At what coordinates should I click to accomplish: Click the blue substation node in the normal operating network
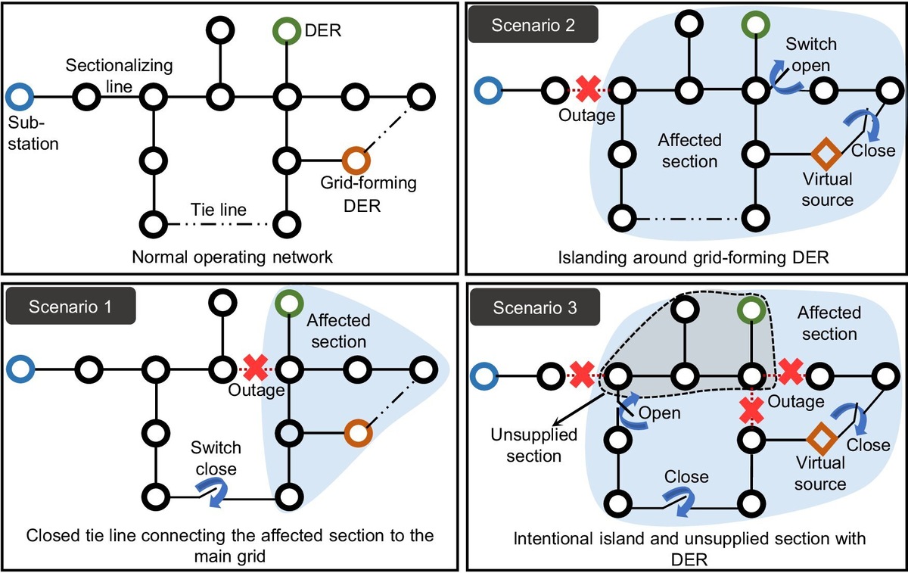pyautogui.click(x=20, y=97)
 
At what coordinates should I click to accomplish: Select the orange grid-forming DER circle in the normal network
pyautogui.click(x=356, y=160)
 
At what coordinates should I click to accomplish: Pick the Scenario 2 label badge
pyautogui.click(x=534, y=26)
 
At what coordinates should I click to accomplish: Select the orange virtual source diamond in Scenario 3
pyautogui.click(x=819, y=438)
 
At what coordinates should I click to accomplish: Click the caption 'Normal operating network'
pyautogui.click(x=232, y=257)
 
